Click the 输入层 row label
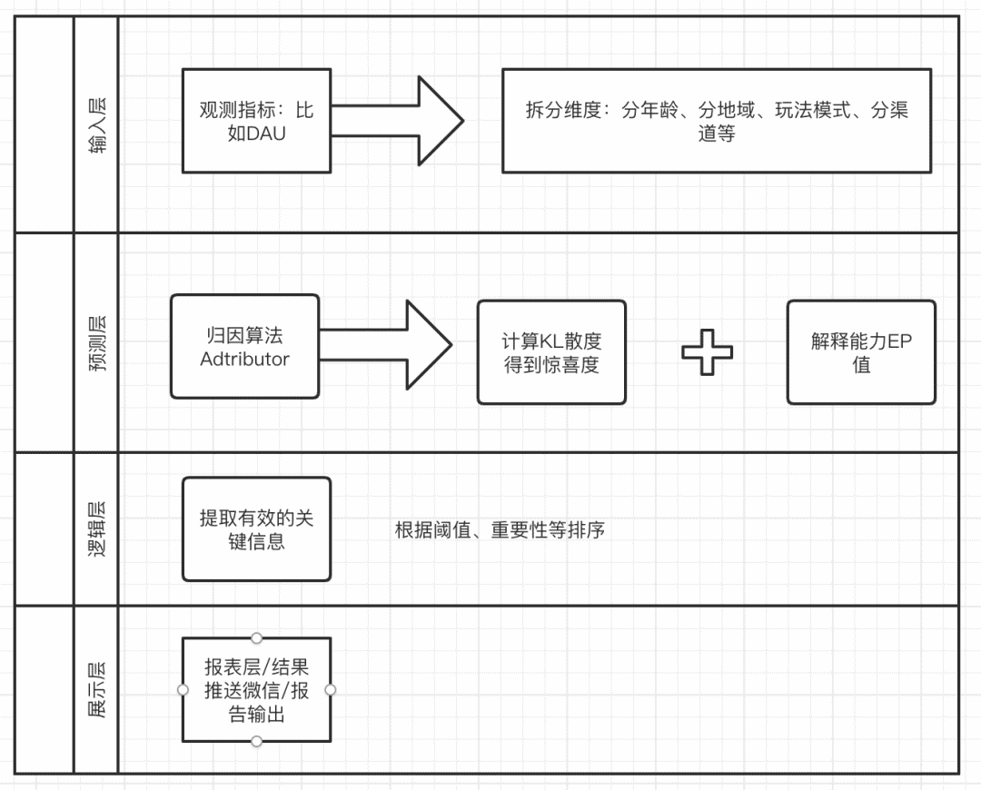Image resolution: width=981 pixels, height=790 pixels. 96,124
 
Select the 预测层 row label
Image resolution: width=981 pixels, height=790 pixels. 96,342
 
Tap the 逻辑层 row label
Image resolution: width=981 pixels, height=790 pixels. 96,528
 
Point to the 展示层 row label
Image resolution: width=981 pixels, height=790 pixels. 96,689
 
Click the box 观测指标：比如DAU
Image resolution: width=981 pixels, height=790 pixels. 256,121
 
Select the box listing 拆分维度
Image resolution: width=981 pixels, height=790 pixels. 717,121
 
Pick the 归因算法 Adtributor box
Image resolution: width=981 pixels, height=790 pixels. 244,346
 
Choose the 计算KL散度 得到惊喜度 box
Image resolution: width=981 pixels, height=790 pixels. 551,352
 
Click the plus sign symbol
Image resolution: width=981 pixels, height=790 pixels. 708,352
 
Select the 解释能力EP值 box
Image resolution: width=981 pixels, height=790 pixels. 861,352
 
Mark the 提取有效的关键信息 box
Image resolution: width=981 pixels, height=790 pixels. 256,528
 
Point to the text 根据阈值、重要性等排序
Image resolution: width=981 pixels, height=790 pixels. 500,530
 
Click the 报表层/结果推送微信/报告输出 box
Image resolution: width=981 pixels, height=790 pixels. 256,689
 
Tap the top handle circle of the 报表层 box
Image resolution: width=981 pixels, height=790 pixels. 257,638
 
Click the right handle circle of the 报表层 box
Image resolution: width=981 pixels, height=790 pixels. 331,690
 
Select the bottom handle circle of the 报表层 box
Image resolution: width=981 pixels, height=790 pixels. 257,742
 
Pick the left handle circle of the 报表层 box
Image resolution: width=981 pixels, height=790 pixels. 183,690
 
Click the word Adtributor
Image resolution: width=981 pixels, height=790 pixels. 244,359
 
